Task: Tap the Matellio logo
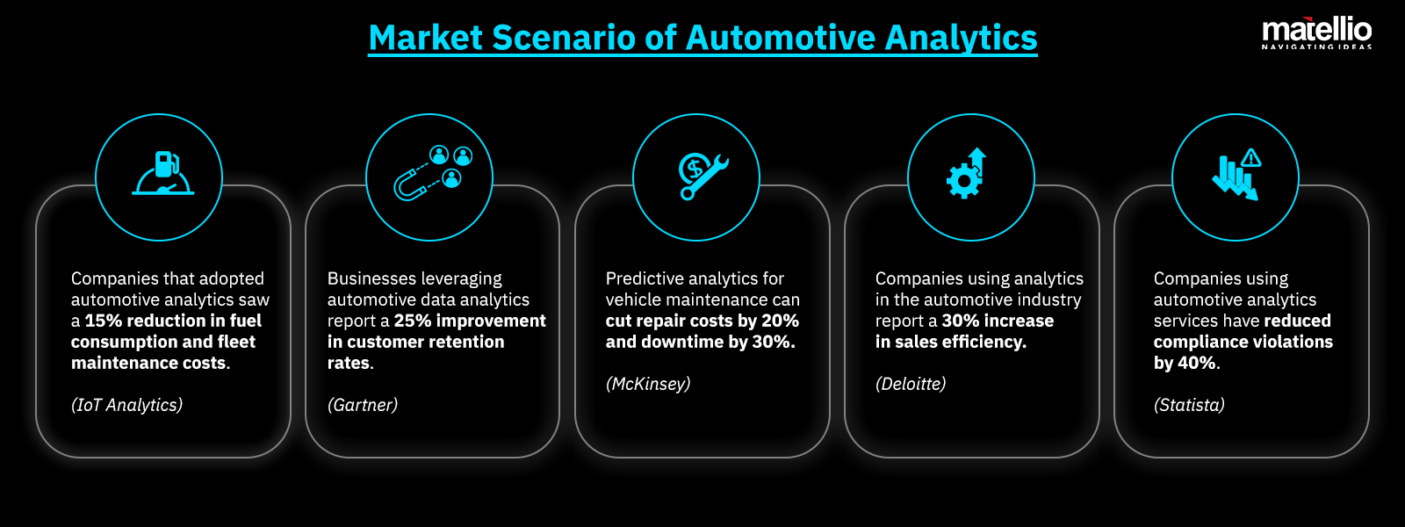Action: point(1316,33)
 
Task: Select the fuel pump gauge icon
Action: point(162,174)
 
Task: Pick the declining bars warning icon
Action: point(1236,174)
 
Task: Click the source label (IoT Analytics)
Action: point(127,405)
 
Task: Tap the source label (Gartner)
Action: point(363,405)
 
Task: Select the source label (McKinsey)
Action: point(648,384)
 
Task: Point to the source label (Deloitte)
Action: point(911,384)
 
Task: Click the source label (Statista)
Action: point(1189,405)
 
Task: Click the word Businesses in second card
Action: point(369,278)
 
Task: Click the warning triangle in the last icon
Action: point(1251,158)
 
